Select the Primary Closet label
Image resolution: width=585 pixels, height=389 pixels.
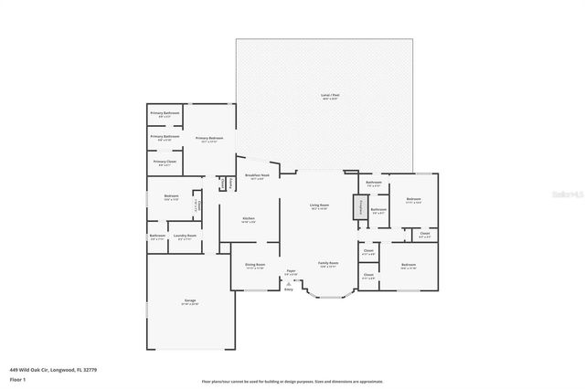click(x=164, y=163)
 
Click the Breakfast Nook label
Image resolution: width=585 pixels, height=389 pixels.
click(x=256, y=178)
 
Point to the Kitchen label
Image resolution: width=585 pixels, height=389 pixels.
click(x=248, y=220)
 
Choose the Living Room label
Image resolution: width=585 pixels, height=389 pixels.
click(x=319, y=207)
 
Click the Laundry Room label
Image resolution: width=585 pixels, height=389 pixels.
click(x=185, y=237)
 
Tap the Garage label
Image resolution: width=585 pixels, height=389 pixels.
click(x=190, y=301)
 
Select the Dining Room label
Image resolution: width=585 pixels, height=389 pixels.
click(x=254, y=267)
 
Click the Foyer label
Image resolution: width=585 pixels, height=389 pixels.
click(x=291, y=272)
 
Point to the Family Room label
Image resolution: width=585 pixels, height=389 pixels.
click(x=327, y=265)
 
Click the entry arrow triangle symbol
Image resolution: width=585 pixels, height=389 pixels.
click(x=288, y=284)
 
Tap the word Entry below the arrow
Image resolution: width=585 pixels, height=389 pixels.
click(x=288, y=290)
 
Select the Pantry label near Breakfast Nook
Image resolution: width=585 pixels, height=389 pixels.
click(x=231, y=183)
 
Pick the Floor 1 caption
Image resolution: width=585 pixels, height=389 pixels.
click(x=17, y=378)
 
